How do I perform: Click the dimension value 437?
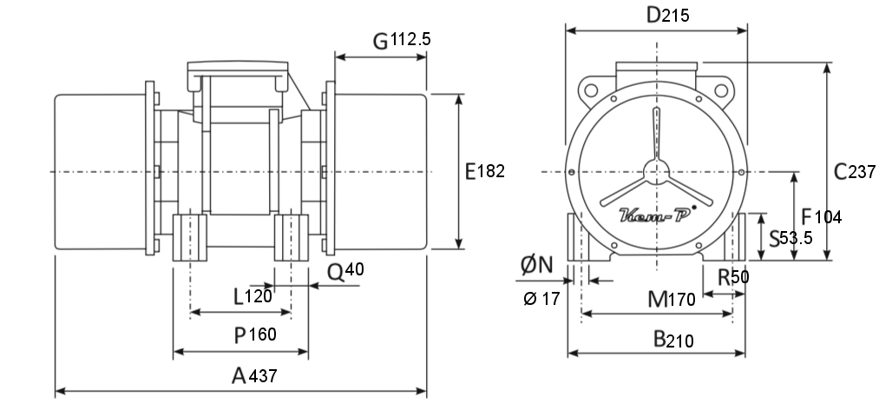(263, 376)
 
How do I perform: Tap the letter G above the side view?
(381, 42)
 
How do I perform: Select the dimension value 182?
(490, 171)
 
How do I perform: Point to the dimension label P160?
(255, 335)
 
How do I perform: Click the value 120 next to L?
(259, 296)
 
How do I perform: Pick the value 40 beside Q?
(354, 268)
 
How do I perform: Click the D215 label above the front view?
(668, 16)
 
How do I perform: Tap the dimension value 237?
(862, 171)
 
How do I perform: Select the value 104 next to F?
(829, 217)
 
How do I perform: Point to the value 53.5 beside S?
(796, 238)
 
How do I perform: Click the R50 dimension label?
(733, 277)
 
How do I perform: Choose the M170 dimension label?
(672, 299)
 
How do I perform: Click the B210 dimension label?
(673, 340)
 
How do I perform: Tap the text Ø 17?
(541, 299)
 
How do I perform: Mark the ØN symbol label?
(537, 265)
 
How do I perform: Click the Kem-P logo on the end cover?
(657, 214)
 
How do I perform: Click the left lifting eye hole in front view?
(591, 90)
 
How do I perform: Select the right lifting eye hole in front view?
(721, 90)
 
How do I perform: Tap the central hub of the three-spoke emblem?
(657, 171)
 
